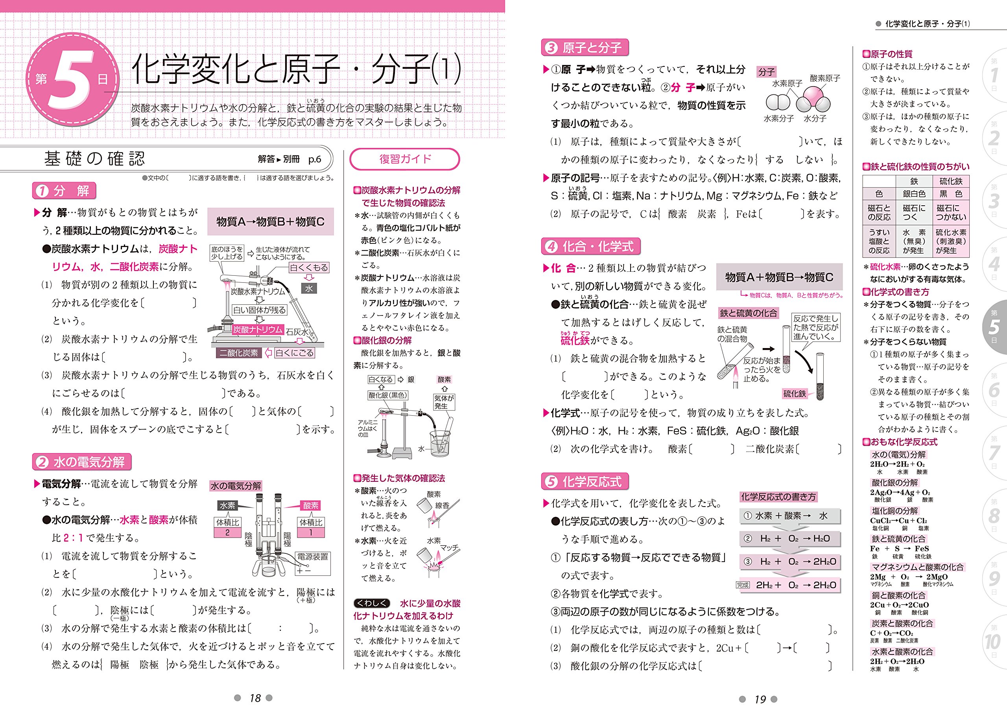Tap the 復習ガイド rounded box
[x=404, y=159]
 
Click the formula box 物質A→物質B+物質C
[x=270, y=222]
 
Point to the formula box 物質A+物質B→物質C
[x=779, y=277]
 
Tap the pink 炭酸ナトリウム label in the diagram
[x=257, y=329]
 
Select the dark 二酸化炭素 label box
[x=239, y=353]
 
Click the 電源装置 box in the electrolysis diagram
[x=313, y=557]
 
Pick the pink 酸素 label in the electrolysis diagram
[x=311, y=505]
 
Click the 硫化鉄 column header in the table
[x=950, y=181]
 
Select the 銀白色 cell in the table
[x=914, y=194]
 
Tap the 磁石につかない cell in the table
[x=950, y=212]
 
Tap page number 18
[x=255, y=698]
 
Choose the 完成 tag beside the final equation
[x=743, y=585]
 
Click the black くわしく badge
[x=372, y=603]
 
